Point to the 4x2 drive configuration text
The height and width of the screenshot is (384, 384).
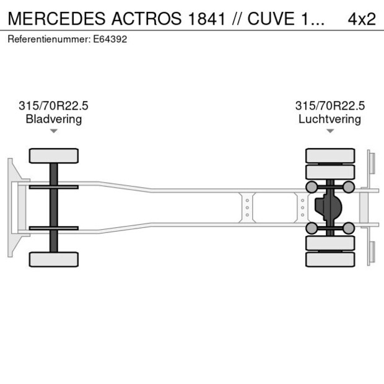362,19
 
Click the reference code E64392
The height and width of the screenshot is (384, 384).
110,39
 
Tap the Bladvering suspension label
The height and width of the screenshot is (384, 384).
54,119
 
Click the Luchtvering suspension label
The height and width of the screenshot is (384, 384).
329,119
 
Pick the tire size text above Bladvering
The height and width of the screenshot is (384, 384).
54,106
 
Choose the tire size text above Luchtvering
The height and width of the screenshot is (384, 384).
329,106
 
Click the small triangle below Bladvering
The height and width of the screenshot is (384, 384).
54,131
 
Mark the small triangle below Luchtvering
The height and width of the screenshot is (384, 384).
329,131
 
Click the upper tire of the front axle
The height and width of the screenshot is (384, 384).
54,155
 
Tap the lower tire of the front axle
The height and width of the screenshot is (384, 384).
54,259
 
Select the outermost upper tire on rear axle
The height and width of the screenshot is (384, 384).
330,155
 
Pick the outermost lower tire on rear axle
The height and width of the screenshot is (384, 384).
330,260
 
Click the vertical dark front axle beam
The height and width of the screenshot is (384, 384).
54,207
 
